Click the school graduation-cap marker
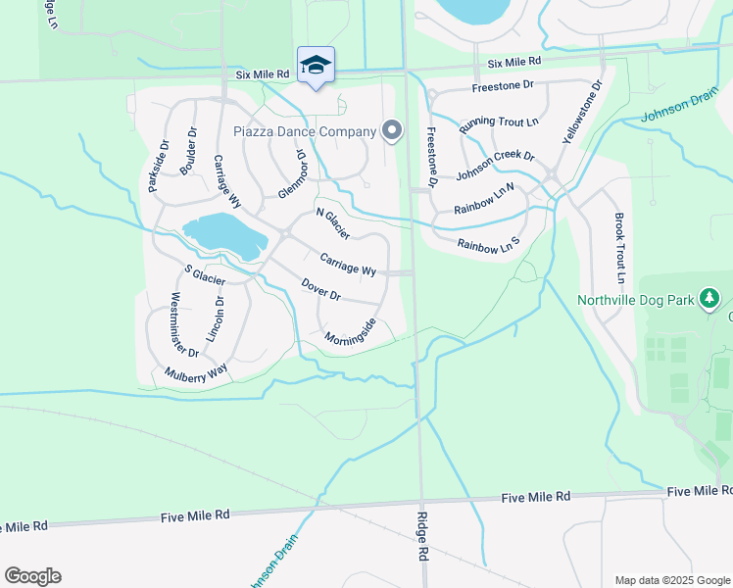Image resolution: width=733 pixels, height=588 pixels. click(x=316, y=66)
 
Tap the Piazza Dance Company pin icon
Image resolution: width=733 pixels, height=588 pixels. click(x=392, y=130)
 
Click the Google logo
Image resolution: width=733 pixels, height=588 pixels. click(x=32, y=576)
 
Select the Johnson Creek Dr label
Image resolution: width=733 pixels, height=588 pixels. click(x=495, y=167)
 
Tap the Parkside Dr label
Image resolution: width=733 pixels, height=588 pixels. click(x=158, y=166)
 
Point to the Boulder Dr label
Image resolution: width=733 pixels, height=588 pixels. click(x=189, y=151)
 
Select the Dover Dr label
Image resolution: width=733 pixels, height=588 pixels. click(x=320, y=289)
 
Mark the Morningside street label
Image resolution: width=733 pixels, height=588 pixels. click(x=351, y=330)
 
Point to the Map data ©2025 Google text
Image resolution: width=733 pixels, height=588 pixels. click(x=671, y=580)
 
